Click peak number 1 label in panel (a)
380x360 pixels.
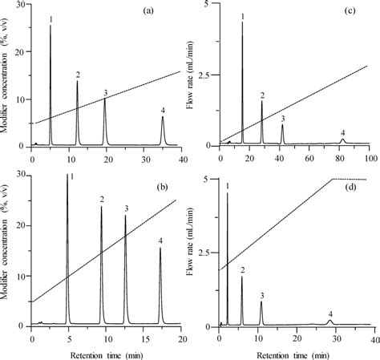[x=51, y=18]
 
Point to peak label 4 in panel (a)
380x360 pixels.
[x=163, y=110]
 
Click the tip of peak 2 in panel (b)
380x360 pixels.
[x=102, y=207]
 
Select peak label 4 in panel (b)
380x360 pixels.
[x=160, y=241]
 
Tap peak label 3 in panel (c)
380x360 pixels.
[x=282, y=118]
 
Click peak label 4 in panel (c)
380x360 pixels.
[x=342, y=132]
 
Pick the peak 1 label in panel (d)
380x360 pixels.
[x=228, y=186]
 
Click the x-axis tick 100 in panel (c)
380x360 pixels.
[x=368, y=156]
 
